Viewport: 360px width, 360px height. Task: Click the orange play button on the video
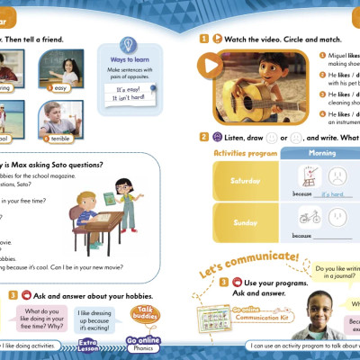tap(211, 65)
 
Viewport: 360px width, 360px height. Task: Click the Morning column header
tap(319, 153)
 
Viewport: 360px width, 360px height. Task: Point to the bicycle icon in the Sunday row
tap(310, 217)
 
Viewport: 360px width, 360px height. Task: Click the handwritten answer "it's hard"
tap(336, 193)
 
